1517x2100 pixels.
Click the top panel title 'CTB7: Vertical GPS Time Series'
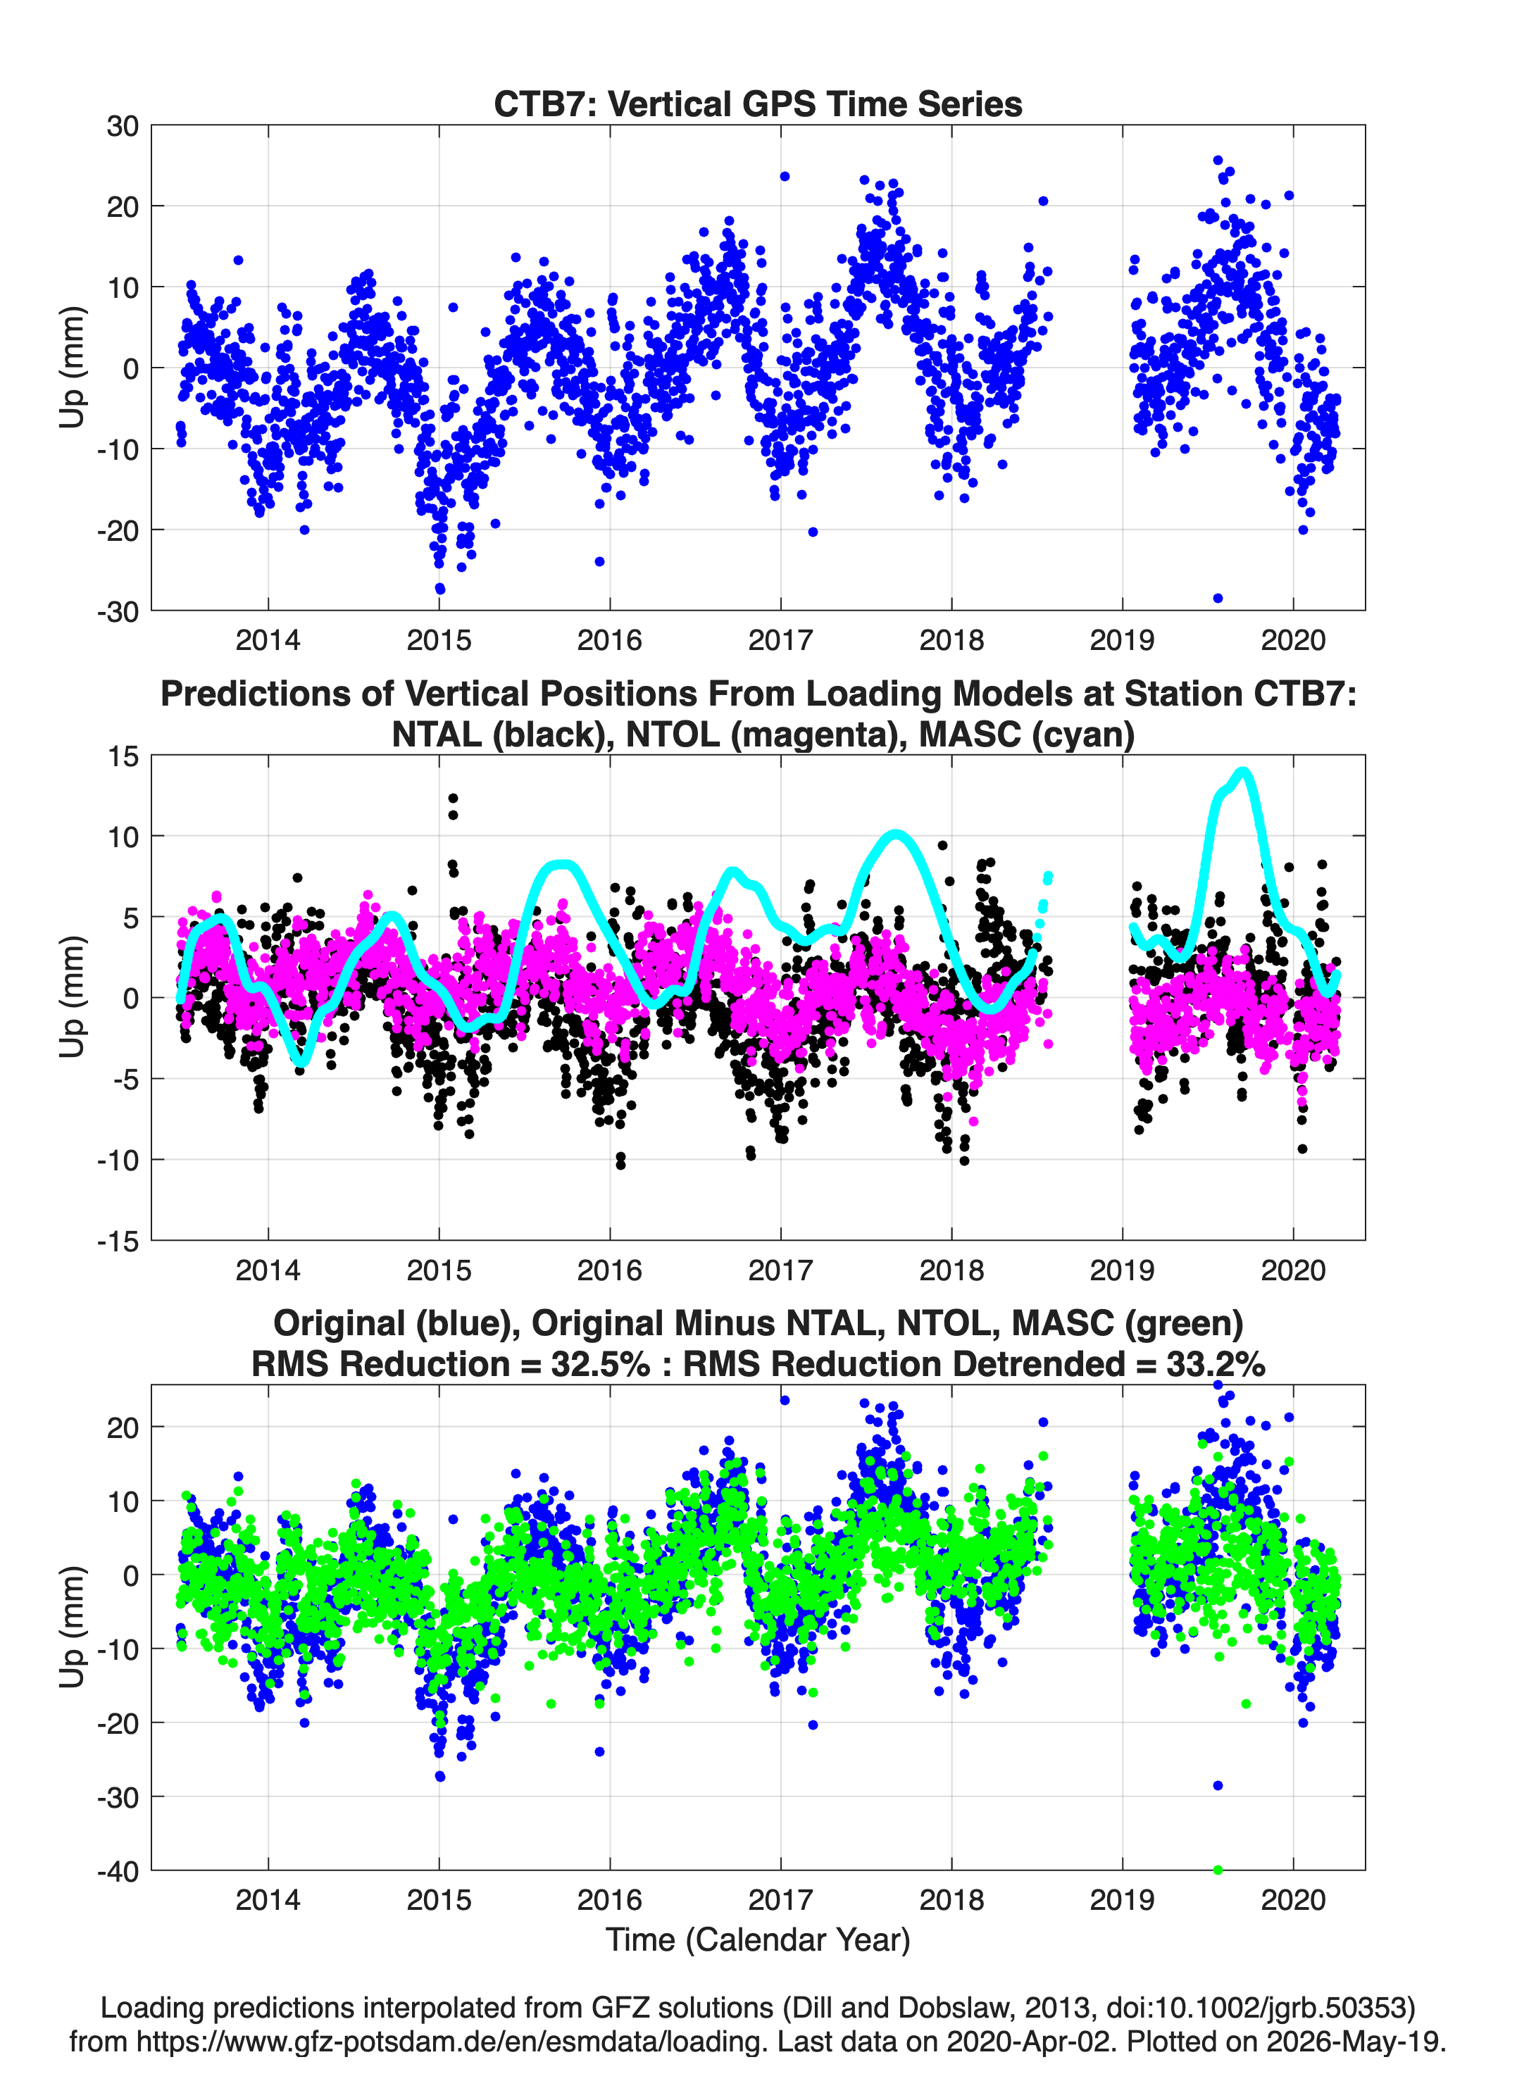758,104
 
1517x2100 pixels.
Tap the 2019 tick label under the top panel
1121,640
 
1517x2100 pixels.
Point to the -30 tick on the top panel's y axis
118,611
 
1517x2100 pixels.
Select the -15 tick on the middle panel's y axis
118,1241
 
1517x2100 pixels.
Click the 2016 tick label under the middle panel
609,1270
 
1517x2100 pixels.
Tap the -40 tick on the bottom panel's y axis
118,1870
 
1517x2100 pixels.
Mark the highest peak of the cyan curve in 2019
1244,771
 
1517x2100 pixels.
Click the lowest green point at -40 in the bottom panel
1218,1870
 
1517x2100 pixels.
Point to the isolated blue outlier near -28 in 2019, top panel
1218,598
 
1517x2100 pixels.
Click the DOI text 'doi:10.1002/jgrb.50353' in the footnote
1261,2008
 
